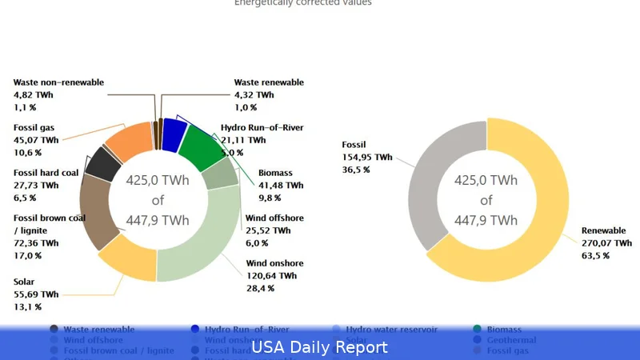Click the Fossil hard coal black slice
tap(102, 164)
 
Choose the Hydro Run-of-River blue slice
tap(174, 133)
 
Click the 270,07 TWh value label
tap(606, 243)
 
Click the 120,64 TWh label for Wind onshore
tap(271, 276)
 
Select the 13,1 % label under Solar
tap(27, 307)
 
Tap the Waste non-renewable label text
tap(58, 82)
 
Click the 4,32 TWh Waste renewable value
tap(254, 94)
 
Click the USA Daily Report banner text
tap(319, 347)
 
